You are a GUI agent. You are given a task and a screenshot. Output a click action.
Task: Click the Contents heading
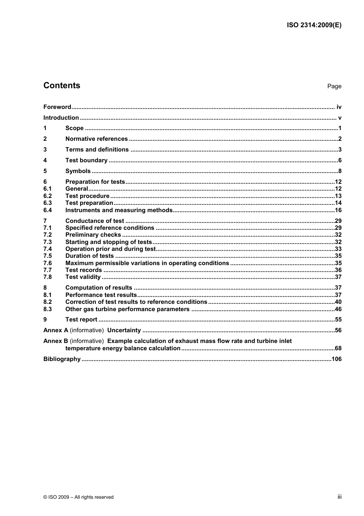pyautogui.click(x=62, y=86)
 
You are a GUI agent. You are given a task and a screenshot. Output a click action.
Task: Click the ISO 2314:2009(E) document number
pyautogui.click(x=314, y=25)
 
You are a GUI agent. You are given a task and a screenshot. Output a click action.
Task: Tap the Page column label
pyautogui.click(x=334, y=86)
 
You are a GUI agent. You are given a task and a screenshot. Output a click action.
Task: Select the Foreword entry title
pyautogui.click(x=57, y=107)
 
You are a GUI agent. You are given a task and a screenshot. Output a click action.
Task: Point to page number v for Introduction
pyautogui.click(x=339, y=118)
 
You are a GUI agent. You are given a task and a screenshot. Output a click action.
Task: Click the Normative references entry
pyautogui.click(x=97, y=139)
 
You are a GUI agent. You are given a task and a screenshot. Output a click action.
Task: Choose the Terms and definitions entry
pyautogui.click(x=97, y=150)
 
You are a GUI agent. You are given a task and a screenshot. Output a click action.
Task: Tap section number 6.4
pyautogui.click(x=48, y=210)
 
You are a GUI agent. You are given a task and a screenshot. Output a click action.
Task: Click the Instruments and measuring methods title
pyautogui.click(x=119, y=210)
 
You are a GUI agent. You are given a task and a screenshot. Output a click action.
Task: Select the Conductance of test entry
pyautogui.click(x=95, y=221)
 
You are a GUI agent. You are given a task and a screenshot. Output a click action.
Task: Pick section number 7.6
pyautogui.click(x=48, y=263)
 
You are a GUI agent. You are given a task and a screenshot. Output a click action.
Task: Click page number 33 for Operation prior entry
pyautogui.click(x=338, y=249)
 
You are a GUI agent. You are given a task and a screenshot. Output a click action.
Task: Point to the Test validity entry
pyautogui.click(x=83, y=277)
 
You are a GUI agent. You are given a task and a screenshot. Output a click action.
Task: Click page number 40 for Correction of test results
pyautogui.click(x=338, y=302)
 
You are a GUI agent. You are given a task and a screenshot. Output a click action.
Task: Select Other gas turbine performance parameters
pyautogui.click(x=127, y=309)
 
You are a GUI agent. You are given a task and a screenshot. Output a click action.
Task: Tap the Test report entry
pyautogui.click(x=81, y=320)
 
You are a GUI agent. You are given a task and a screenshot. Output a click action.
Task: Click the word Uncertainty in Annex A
pyautogui.click(x=124, y=330)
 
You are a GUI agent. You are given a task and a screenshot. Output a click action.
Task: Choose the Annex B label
pyautogui.click(x=56, y=341)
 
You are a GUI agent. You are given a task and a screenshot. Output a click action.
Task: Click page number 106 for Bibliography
pyautogui.click(x=336, y=359)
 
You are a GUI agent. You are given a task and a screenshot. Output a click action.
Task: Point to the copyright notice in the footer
pyautogui.click(x=79, y=497)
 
